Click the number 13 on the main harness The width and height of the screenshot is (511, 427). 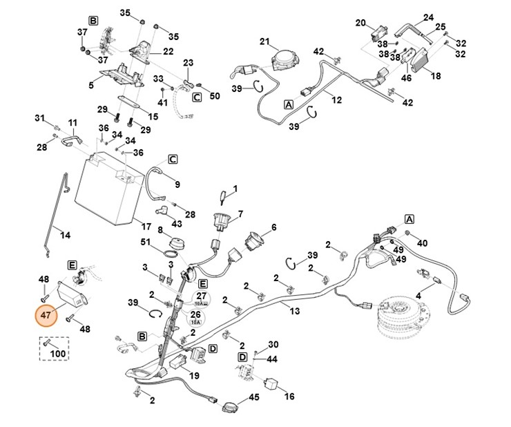point(295,312)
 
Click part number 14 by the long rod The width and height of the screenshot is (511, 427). point(65,235)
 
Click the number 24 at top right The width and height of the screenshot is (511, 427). point(427,17)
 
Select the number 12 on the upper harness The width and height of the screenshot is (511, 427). point(336,100)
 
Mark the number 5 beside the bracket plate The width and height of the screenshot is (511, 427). point(90,85)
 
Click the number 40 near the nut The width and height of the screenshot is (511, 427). point(423,243)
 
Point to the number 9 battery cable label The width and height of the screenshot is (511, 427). point(177,184)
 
